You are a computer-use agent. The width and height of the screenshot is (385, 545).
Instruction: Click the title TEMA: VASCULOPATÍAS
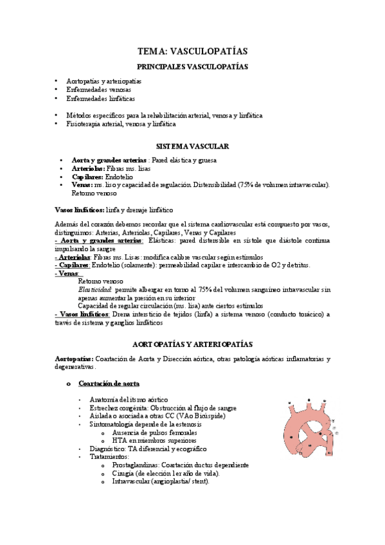coord(192,51)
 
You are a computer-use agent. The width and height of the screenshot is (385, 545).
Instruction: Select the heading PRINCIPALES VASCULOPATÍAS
coord(192,66)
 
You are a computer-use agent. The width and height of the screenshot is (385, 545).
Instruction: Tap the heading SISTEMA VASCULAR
coord(192,147)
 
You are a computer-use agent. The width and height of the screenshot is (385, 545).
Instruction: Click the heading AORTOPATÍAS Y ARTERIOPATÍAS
coord(192,344)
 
